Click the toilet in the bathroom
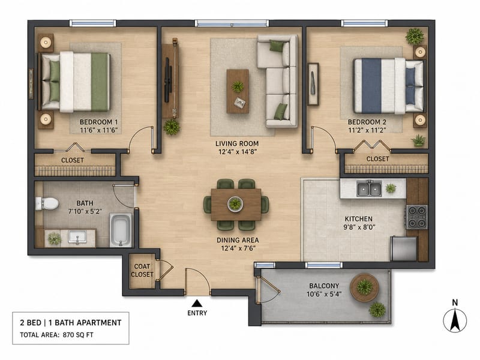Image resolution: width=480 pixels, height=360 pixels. [47, 203]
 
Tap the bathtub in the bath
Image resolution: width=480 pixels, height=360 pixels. [121, 230]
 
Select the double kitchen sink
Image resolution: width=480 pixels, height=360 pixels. [369, 188]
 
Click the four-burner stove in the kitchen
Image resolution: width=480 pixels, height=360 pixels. [417, 217]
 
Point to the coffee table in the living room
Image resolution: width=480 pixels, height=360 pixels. [238, 91]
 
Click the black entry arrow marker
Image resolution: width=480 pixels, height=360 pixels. [197, 303]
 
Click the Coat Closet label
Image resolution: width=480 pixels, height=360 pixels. [142, 271]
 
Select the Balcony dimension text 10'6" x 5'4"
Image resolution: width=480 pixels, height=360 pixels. [324, 294]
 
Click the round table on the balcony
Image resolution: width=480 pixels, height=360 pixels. [365, 288]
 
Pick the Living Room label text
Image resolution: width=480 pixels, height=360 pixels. [237, 143]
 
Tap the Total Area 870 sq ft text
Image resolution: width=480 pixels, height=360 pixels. [56, 335]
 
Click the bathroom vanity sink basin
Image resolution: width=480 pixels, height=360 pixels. [77, 237]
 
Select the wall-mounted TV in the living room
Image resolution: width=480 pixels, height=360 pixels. [167, 80]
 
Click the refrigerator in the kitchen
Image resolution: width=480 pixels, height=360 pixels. [403, 248]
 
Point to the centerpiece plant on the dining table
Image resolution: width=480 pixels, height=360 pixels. [235, 203]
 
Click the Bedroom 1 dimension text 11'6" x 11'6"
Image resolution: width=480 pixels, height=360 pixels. [99, 130]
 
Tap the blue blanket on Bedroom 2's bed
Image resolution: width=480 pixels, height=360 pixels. [371, 85]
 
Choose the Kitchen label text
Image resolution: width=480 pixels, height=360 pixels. [358, 219]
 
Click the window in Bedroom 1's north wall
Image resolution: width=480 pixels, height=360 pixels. [93, 23]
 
